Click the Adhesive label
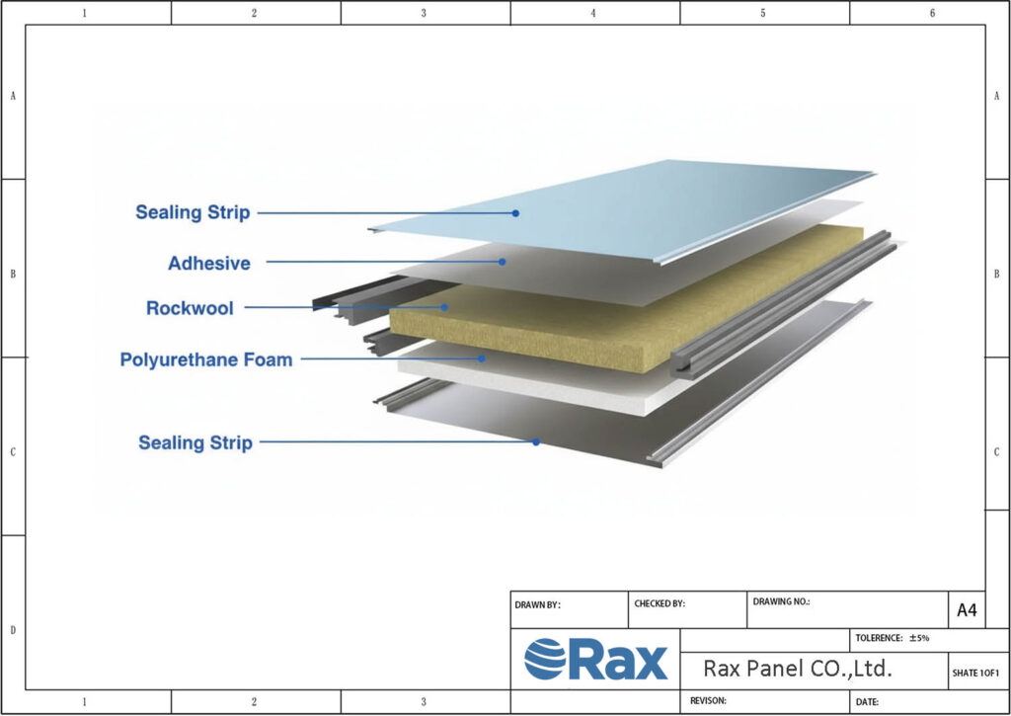[209, 264]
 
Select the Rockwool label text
[190, 308]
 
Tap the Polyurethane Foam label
[206, 359]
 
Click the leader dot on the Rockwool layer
[445, 307]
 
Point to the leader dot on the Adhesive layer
[503, 262]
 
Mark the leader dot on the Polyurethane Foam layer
[483, 358]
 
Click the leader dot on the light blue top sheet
[515, 212]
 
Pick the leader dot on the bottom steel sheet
[536, 441]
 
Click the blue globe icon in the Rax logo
[544, 659]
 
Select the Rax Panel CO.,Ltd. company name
[797, 669]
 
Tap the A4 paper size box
[967, 610]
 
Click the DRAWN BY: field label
[537, 605]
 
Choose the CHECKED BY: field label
[659, 602]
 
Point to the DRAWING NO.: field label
[781, 600]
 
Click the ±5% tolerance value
[919, 638]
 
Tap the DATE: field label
[867, 701]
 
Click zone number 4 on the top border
[593, 13]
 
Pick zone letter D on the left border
[12, 629]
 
